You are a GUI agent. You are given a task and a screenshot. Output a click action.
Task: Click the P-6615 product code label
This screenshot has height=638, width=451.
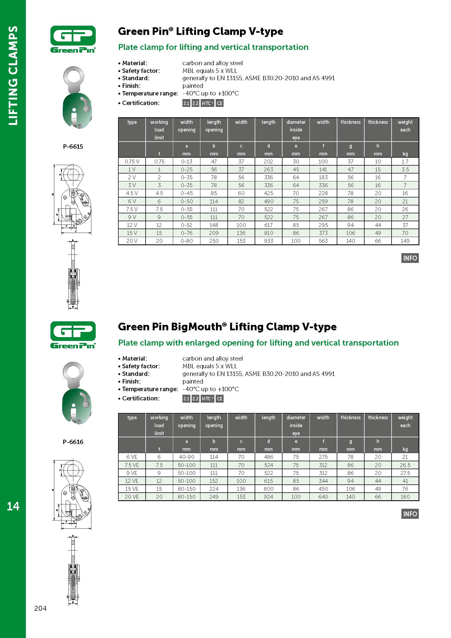[73, 146]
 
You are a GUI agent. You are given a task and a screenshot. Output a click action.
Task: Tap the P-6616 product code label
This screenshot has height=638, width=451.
[73, 442]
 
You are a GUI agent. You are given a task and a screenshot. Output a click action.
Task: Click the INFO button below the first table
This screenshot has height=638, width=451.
[410, 258]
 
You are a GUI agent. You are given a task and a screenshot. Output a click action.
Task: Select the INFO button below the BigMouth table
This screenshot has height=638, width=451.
[410, 514]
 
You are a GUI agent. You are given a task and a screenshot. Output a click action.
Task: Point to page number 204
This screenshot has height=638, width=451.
[40, 608]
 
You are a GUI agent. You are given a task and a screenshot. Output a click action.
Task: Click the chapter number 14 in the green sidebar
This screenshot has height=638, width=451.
[13, 506]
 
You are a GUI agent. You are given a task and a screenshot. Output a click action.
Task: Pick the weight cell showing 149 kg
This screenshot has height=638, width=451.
[405, 241]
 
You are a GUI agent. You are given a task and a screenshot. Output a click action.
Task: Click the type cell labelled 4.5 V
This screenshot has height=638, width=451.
[132, 193]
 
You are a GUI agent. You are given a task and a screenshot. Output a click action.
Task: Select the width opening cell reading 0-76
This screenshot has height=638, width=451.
[186, 233]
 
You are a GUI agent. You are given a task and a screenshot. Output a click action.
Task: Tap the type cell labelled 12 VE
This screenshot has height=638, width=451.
[132, 481]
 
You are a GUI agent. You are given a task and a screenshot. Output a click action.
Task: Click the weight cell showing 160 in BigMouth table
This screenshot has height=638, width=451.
[405, 496]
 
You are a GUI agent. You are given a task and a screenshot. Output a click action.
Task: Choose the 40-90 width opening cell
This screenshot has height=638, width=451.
[186, 457]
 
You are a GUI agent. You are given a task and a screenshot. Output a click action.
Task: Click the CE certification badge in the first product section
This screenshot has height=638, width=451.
[220, 103]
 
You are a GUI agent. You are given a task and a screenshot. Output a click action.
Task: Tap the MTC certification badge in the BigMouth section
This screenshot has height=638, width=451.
[207, 399]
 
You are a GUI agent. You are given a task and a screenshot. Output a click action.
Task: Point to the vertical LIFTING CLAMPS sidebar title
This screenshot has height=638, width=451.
[13, 76]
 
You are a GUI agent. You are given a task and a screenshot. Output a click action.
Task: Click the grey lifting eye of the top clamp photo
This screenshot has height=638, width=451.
[74, 76]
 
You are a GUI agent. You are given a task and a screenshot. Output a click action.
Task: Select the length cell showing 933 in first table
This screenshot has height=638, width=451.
[268, 241]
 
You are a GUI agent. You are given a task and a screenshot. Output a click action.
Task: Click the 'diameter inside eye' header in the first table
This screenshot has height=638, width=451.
[296, 130]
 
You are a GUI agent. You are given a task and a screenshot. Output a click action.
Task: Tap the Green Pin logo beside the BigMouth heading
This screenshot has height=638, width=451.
[73, 335]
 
